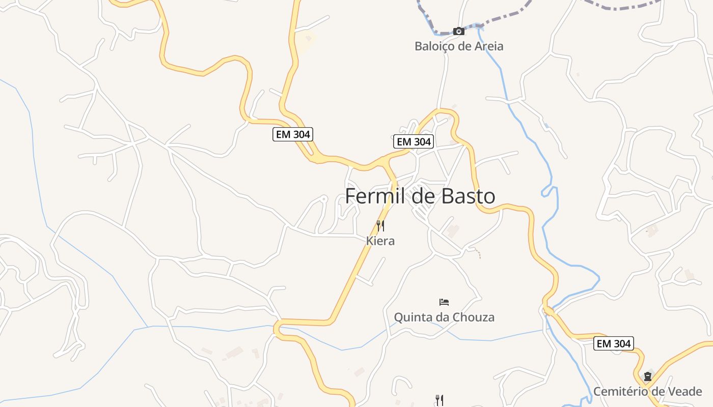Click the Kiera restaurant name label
pos(380,241)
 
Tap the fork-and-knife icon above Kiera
pos(380,225)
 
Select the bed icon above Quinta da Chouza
pos(444,302)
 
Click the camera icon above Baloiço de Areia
pos(459,31)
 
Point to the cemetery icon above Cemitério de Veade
pos(648,376)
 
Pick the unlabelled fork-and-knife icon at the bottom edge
pos(440,400)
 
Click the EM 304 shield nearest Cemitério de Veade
pos(614,343)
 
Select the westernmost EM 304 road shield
pos(292,134)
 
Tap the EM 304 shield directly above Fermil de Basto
pos(414,141)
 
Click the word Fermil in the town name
pos(376,196)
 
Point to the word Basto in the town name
pos(468,196)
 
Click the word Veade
pos(685,392)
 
